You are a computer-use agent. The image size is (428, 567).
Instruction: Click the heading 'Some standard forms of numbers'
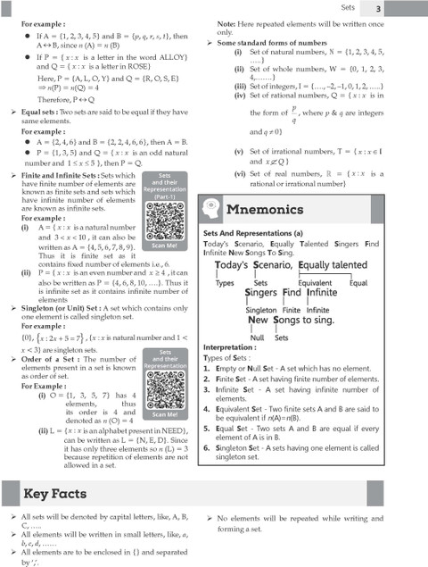277,42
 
